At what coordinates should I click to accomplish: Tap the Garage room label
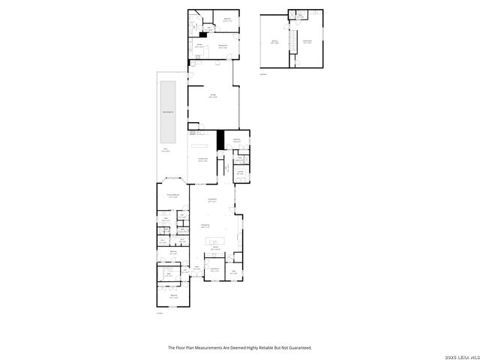(213, 96)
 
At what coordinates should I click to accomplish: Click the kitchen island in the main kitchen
(215, 241)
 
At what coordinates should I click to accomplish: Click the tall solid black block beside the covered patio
(220, 139)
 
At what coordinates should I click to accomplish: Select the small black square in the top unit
(202, 34)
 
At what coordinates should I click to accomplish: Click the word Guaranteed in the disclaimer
(298, 347)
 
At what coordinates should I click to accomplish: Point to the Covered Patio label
(202, 159)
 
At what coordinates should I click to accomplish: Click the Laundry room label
(240, 172)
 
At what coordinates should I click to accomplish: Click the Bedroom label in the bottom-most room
(174, 295)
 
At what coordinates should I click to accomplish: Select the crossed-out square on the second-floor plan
(298, 14)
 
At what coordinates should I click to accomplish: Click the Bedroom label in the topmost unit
(227, 19)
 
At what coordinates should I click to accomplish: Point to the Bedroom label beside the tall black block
(236, 139)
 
